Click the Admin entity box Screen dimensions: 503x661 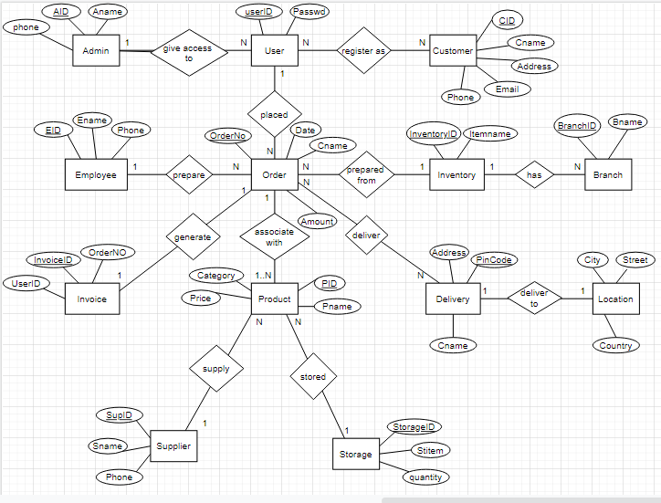pyautogui.click(x=96, y=51)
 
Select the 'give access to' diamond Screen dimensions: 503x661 pyautogui.click(x=189, y=51)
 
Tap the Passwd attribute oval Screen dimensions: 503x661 pyautogui.click(x=310, y=12)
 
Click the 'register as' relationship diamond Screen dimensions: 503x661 pyautogui.click(x=362, y=51)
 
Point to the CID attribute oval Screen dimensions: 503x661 pyautogui.click(x=505, y=20)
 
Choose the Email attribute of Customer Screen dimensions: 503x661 pyautogui.click(x=507, y=89)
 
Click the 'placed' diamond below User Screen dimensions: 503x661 pyautogui.click(x=274, y=115)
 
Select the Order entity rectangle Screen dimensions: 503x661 pyautogui.click(x=274, y=175)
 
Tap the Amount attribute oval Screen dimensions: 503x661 pyautogui.click(x=317, y=222)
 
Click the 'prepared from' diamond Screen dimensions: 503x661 pyautogui.click(x=366, y=175)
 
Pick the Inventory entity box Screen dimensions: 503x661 pyautogui.click(x=456, y=175)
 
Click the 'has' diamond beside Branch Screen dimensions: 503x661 pyautogui.click(x=534, y=175)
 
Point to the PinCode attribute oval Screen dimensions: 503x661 pyautogui.click(x=494, y=260)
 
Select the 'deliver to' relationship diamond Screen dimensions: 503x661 pyautogui.click(x=534, y=299)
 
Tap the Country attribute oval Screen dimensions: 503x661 pyautogui.click(x=615, y=346)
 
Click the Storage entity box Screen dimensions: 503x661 pyautogui.click(x=355, y=454)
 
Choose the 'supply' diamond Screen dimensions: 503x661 pyautogui.click(x=216, y=370)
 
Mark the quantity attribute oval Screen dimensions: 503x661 pyautogui.click(x=426, y=477)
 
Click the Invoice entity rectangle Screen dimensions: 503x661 pyautogui.click(x=91, y=299)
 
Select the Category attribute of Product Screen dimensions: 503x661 pyautogui.click(x=216, y=275)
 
